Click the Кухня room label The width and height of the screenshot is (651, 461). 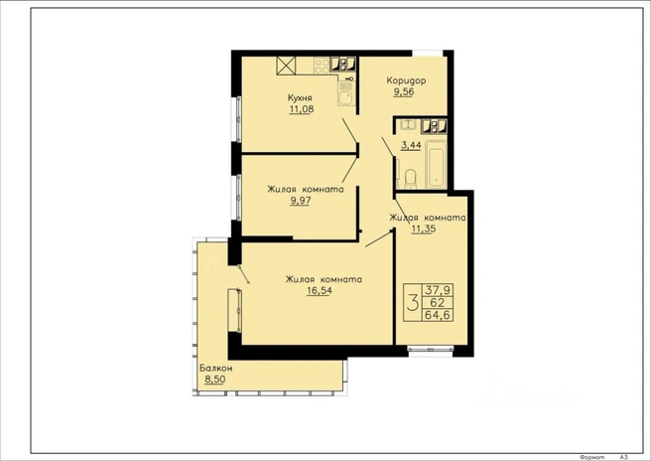click(x=300, y=98)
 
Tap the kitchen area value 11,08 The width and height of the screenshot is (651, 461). click(x=302, y=109)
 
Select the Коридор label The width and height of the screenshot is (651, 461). click(x=406, y=80)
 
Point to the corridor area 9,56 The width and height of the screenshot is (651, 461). click(x=404, y=91)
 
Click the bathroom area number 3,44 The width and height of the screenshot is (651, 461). click(x=411, y=145)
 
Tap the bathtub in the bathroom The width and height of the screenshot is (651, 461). click(x=437, y=164)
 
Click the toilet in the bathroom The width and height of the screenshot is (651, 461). click(x=410, y=178)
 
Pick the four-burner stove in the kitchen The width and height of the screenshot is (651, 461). click(x=322, y=65)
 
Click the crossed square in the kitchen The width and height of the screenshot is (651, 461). click(x=287, y=66)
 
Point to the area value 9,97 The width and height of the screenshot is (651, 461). click(x=301, y=201)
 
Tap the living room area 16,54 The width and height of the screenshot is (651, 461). click(x=320, y=290)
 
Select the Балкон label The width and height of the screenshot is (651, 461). click(x=216, y=369)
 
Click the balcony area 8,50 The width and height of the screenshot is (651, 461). click(x=215, y=380)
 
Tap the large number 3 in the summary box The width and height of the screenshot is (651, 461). click(x=413, y=302)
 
